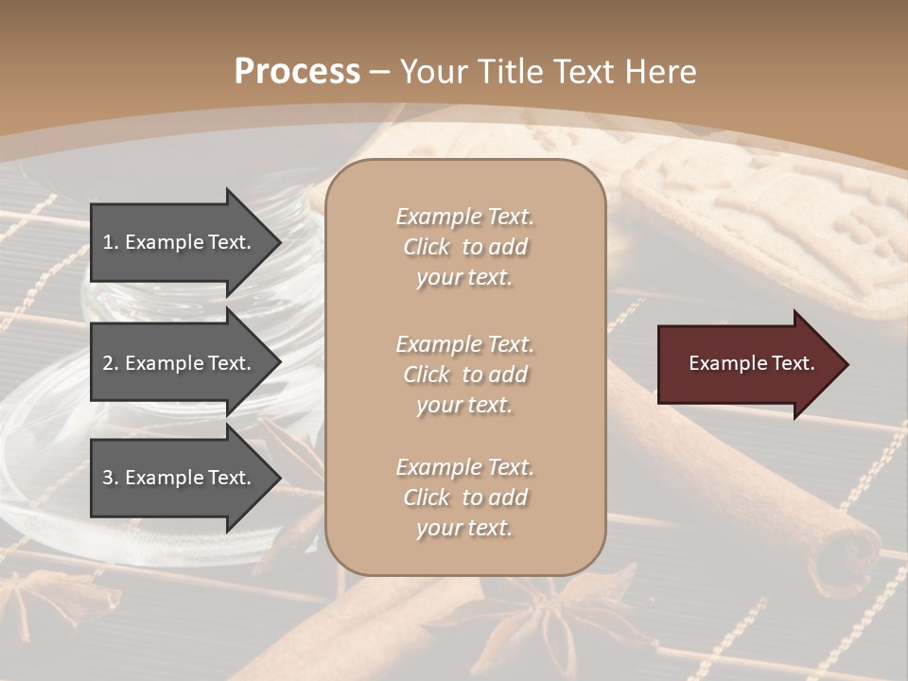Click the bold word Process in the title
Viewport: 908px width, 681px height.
(297, 71)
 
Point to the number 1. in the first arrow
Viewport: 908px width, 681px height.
(111, 242)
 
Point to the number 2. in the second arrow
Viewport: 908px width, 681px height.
(111, 363)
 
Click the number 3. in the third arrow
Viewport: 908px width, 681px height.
(111, 478)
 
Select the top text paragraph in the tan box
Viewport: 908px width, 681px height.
(464, 247)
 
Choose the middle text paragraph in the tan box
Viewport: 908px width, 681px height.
(464, 375)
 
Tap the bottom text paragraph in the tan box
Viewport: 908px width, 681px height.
(464, 498)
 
